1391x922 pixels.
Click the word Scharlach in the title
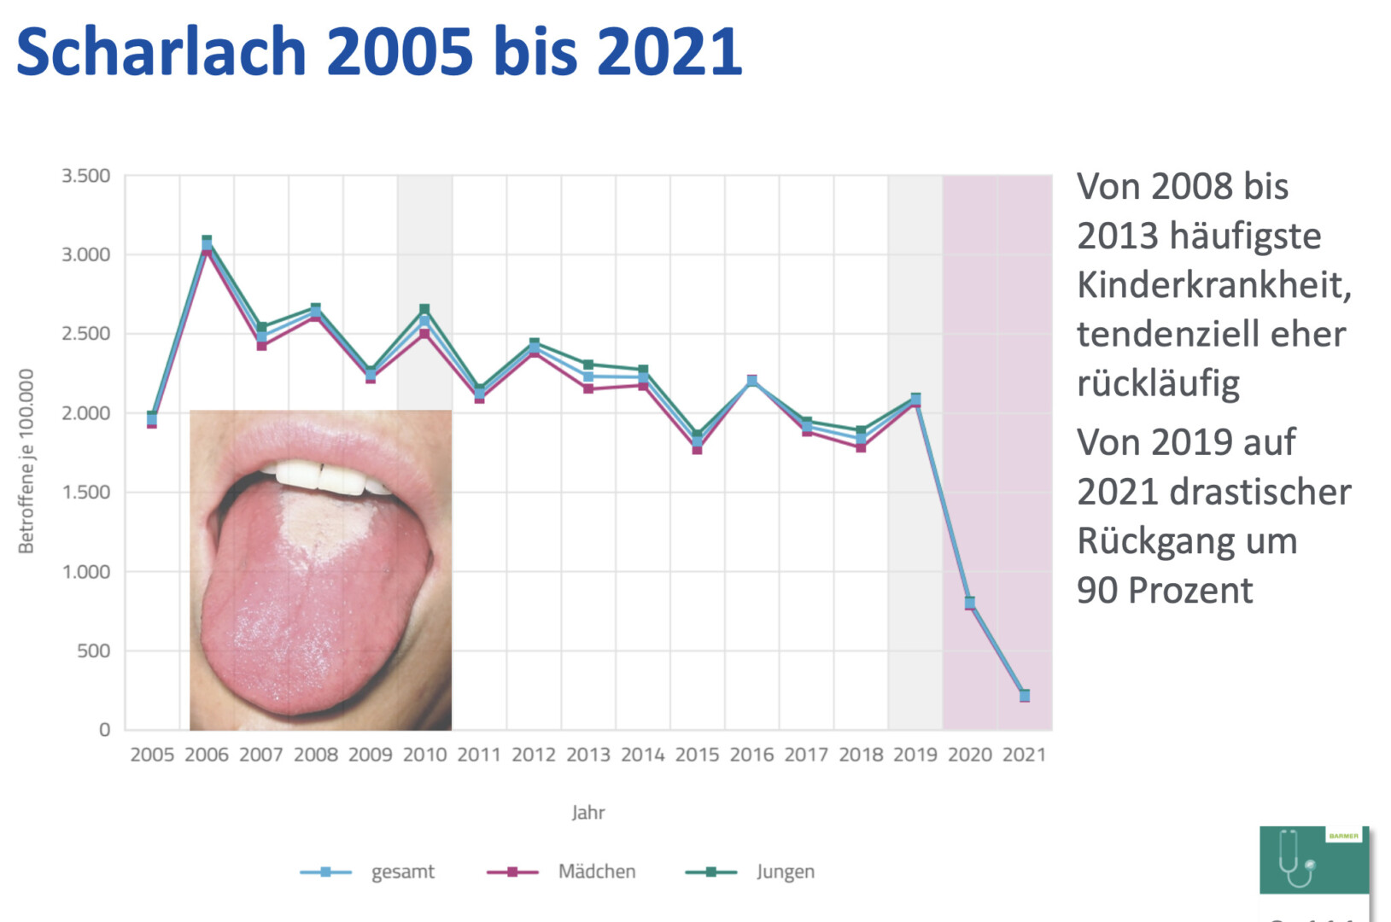coord(161,51)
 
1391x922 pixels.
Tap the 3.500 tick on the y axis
coord(85,176)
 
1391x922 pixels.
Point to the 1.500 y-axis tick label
coord(85,493)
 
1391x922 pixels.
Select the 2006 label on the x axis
coord(207,755)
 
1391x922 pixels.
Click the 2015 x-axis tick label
coord(697,755)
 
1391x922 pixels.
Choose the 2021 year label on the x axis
coord(1024,755)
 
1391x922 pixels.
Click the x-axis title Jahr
coord(588,813)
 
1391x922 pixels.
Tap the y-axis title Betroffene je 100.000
coord(26,461)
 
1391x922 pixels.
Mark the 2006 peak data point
coord(207,245)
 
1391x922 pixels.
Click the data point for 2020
coord(970,603)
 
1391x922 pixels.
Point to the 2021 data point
coord(1025,696)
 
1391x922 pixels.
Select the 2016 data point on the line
coord(752,381)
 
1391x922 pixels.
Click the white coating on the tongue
coord(324,521)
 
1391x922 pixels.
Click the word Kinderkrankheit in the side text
coord(1213,285)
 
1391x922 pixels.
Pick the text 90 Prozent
coord(1165,591)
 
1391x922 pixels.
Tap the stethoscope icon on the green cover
coord(1296,861)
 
